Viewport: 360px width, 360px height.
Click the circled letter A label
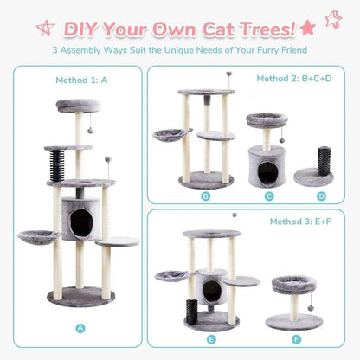click(x=80, y=328)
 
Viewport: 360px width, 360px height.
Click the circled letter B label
click(x=205, y=196)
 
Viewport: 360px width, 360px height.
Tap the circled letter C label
click(x=270, y=196)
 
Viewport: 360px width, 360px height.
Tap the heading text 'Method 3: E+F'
click(x=299, y=220)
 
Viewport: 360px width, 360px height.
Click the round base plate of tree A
click(x=80, y=296)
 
